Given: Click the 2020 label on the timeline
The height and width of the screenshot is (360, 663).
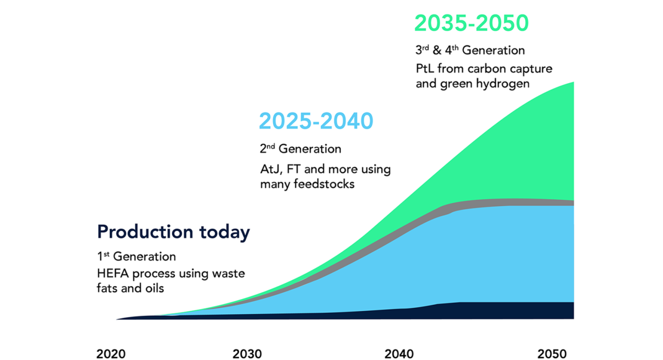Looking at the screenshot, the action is [110, 354].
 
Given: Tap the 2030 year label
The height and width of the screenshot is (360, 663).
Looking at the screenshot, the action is [247, 354].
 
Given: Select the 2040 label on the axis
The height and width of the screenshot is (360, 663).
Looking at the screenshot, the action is [399, 354].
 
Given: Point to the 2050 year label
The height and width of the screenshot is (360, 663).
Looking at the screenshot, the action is [552, 354].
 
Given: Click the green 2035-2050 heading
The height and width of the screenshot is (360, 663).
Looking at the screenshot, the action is [471, 23].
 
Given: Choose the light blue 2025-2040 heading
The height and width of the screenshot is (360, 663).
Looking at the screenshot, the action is [316, 121].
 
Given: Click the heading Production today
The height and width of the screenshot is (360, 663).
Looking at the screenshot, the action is [173, 232].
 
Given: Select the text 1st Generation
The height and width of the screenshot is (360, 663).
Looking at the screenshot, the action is [136, 256].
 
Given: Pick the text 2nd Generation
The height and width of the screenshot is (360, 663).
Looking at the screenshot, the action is [300, 149].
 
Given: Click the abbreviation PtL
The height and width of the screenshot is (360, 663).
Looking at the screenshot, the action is [425, 68].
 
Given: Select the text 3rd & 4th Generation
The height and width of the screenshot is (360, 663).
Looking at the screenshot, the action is [470, 50].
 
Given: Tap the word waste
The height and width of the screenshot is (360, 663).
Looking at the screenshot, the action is [228, 273].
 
